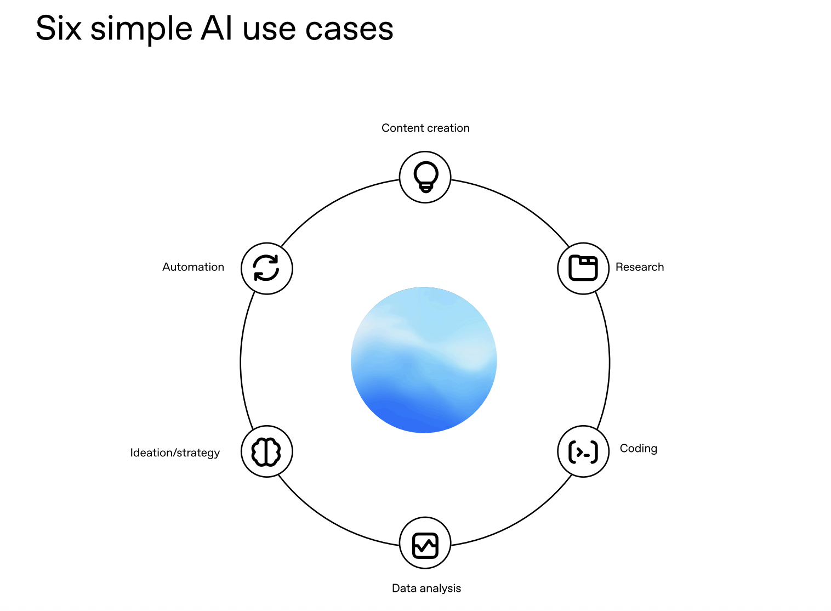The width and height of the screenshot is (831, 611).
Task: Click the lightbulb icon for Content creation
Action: [x=425, y=177]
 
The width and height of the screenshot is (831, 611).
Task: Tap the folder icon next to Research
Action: [x=583, y=268]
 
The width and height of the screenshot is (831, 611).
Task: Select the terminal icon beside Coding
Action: [x=583, y=451]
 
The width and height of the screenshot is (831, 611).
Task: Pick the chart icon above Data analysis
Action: [x=425, y=545]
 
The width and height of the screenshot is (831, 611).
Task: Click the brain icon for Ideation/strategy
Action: [x=266, y=452]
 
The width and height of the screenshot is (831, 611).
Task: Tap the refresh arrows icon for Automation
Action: [x=266, y=268]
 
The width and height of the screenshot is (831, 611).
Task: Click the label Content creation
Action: [x=425, y=128]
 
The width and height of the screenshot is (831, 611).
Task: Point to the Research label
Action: [x=639, y=267]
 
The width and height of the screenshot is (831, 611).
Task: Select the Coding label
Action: [x=638, y=449]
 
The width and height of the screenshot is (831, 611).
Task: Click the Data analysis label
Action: [x=426, y=589]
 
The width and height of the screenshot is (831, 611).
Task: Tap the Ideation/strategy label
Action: [x=175, y=453]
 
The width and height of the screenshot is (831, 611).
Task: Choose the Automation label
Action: [x=193, y=267]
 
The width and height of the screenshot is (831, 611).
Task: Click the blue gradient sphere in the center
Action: [x=424, y=360]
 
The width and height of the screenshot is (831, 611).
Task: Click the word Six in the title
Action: [x=59, y=29]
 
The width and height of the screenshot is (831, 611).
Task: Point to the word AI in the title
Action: [x=217, y=29]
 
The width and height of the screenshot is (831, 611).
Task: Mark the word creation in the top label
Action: [x=448, y=128]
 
